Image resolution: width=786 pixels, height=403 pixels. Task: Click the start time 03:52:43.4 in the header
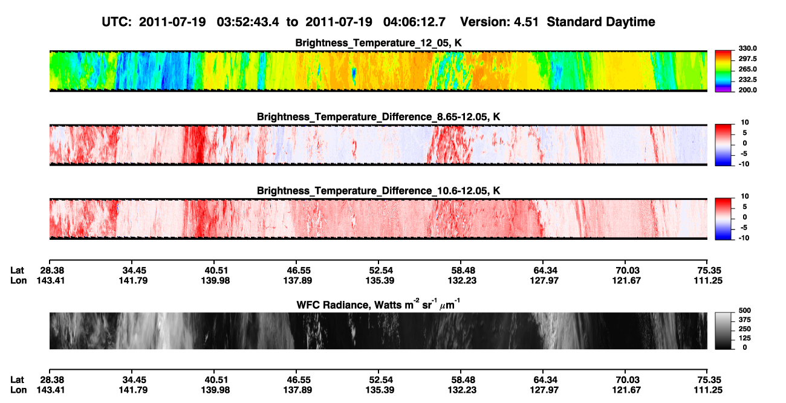pos(248,22)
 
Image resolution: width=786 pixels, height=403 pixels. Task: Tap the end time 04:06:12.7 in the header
pos(414,22)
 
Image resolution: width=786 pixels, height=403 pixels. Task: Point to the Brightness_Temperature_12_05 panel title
pos(378,43)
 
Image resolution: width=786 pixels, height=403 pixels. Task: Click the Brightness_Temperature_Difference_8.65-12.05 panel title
pos(378,117)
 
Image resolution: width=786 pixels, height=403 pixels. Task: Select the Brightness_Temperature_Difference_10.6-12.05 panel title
pos(378,191)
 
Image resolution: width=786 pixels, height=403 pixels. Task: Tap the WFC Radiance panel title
pos(378,305)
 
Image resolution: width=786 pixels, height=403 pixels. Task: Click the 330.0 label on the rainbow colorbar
pos(747,48)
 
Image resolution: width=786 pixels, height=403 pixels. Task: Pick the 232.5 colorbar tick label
pos(747,80)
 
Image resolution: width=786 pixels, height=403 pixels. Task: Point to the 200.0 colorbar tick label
pos(747,90)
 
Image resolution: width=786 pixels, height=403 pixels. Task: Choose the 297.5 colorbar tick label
pos(747,59)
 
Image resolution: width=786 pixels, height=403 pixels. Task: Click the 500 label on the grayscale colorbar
pos(745,311)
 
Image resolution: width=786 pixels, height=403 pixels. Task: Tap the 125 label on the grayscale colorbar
pos(745,338)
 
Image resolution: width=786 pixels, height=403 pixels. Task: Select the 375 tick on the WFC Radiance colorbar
pos(745,320)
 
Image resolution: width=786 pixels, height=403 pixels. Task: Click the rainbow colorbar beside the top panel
pos(723,71)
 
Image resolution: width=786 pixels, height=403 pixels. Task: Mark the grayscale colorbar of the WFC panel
pos(723,330)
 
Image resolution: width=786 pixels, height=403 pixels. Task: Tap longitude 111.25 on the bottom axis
pos(708,390)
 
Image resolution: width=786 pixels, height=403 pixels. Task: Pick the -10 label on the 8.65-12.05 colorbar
pos(745,164)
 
